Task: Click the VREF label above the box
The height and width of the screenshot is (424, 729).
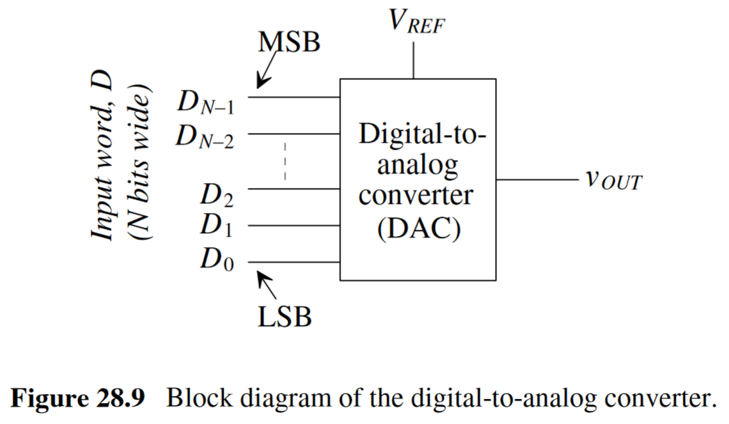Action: [x=416, y=23]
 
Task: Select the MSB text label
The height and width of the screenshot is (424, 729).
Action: [x=289, y=43]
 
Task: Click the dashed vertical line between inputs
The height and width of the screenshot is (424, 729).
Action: [x=285, y=162]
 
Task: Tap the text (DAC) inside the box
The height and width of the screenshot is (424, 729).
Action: [x=418, y=229]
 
